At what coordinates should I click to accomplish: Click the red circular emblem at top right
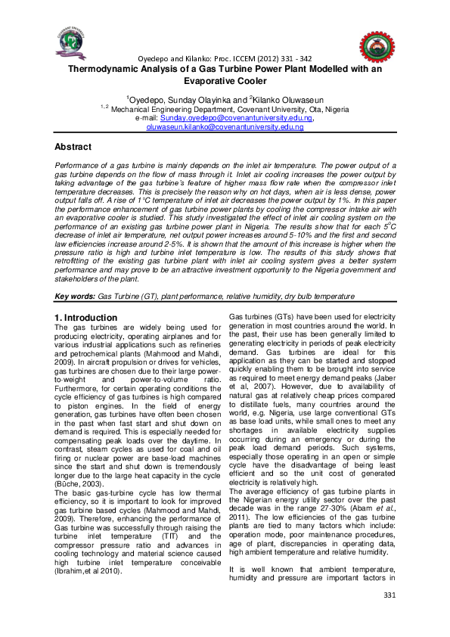click(x=373, y=48)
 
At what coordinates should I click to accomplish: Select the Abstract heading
click(x=77, y=145)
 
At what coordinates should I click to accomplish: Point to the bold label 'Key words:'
click(x=74, y=298)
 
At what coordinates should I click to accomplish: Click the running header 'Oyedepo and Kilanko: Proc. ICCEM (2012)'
click(x=189, y=59)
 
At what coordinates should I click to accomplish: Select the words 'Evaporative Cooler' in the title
click(x=225, y=80)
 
